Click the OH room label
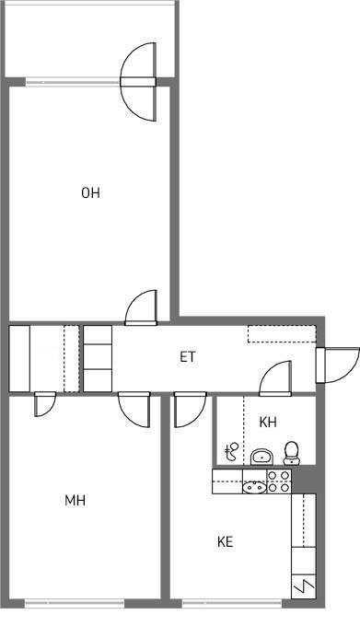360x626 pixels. tap(90, 193)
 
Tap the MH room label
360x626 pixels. tap(75, 500)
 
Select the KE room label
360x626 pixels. tap(225, 541)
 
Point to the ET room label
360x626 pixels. tap(188, 356)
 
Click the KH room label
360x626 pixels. tap(268, 422)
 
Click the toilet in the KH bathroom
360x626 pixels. tap(292, 453)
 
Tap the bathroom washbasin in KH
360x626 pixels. tap(261, 457)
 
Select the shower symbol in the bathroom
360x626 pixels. tap(231, 451)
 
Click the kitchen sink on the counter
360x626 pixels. tap(255, 487)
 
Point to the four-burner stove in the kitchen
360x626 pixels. tap(279, 481)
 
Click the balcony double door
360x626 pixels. tap(138, 82)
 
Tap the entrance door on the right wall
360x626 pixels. tap(337, 365)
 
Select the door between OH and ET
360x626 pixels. tap(141, 307)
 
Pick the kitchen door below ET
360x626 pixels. tap(190, 410)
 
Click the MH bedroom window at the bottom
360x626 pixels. tap(75, 602)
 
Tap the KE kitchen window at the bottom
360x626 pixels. tap(232, 602)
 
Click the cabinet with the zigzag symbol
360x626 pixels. tap(303, 586)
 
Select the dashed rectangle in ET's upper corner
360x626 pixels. tap(282, 334)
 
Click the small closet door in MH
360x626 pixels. tap(45, 404)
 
